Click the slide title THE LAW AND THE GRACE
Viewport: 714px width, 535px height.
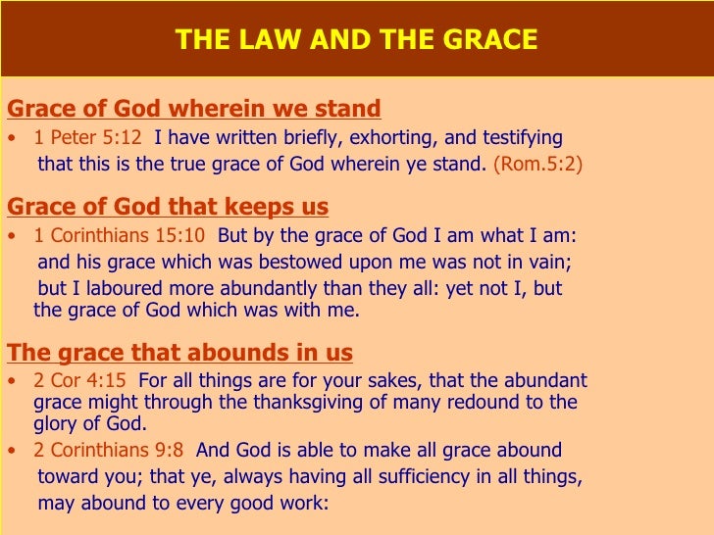coord(356,40)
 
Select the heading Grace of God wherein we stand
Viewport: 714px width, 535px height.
coord(193,108)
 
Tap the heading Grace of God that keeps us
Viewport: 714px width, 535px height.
coord(168,207)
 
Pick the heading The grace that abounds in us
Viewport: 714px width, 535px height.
coord(179,353)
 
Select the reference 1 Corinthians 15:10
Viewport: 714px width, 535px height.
coord(120,236)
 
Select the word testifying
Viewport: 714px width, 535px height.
coord(517,137)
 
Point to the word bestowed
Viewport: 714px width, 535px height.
coord(301,263)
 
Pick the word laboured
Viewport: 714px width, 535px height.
coord(105,290)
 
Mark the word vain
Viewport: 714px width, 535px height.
coord(547,263)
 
